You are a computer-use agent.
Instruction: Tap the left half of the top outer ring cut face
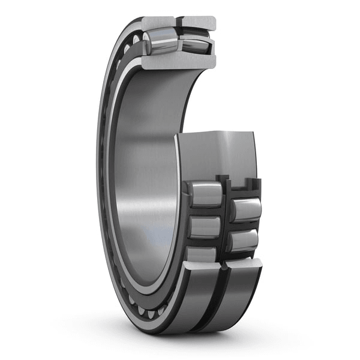point(157,23)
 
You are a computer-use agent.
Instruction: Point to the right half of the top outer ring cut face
point(198,23)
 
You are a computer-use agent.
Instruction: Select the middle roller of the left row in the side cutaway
point(204,227)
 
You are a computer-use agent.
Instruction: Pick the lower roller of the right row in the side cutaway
point(243,241)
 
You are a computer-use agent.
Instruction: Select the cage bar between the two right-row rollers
point(245,226)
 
